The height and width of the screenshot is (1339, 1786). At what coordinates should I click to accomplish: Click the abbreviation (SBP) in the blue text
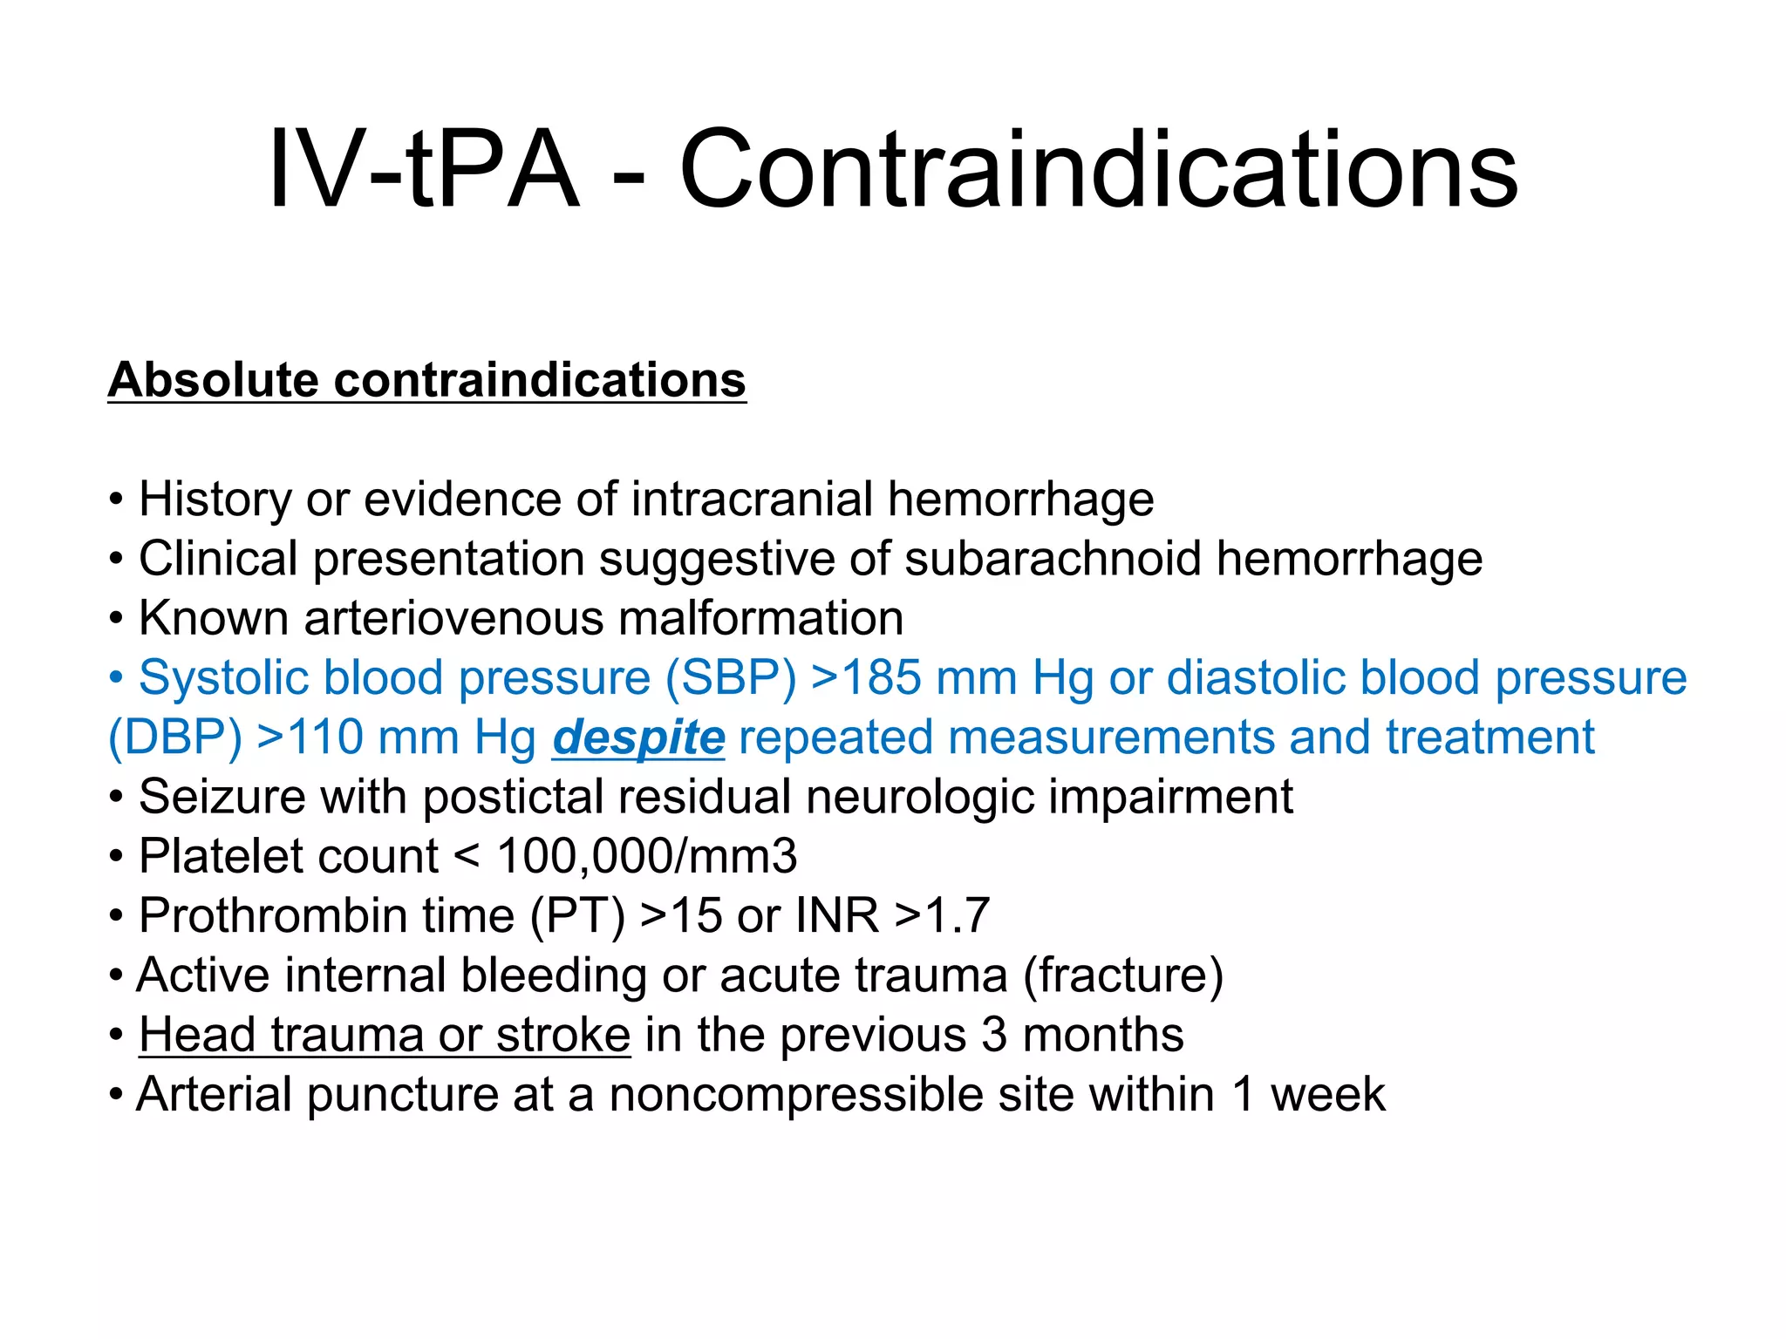point(731,677)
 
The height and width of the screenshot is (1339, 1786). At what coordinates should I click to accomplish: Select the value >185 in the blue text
point(865,677)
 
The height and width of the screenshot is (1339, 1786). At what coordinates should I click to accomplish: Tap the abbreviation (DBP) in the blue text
point(174,737)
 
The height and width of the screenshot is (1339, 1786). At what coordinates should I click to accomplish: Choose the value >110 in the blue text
point(310,737)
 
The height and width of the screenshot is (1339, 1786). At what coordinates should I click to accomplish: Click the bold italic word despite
point(638,737)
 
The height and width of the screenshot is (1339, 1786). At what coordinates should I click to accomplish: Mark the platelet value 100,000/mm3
point(646,856)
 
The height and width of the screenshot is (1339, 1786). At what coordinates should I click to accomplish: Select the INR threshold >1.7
point(942,916)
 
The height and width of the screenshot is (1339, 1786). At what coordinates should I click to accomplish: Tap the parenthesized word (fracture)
point(1123,975)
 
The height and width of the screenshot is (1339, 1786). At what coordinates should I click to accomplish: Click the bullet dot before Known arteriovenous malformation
point(116,620)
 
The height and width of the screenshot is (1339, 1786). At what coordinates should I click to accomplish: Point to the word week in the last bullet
point(1327,1095)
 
